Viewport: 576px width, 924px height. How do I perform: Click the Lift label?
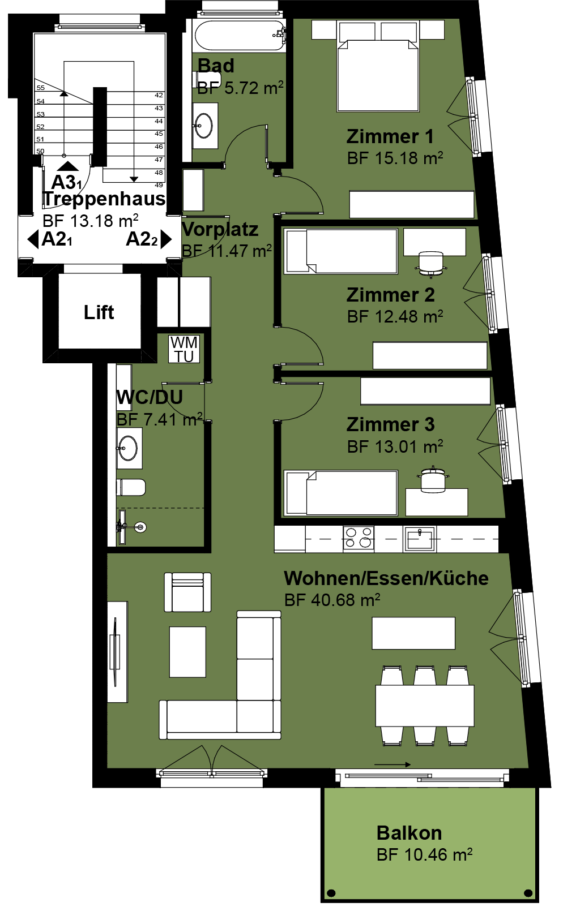99,312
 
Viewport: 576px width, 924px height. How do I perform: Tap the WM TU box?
184,349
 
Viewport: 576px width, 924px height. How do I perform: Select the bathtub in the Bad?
240,36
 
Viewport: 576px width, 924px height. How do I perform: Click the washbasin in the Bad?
205,126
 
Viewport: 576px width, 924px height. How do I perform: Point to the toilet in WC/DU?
131,487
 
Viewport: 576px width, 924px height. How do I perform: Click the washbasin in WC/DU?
129,448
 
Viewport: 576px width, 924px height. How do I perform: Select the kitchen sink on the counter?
420,539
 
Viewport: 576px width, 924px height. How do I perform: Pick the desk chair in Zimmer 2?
430,263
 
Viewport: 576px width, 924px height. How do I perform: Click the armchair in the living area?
187,592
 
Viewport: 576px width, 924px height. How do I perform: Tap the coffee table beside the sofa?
187,652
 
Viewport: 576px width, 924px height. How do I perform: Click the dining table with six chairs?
425,706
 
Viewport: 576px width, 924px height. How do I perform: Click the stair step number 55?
40,88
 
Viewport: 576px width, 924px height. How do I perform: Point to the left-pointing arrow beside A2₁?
33,239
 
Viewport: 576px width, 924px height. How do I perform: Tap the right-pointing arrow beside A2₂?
166,239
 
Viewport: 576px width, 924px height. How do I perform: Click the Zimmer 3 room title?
391,424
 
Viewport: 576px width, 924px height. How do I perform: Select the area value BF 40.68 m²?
332,600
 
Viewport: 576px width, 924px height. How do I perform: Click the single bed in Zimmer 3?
341,493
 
